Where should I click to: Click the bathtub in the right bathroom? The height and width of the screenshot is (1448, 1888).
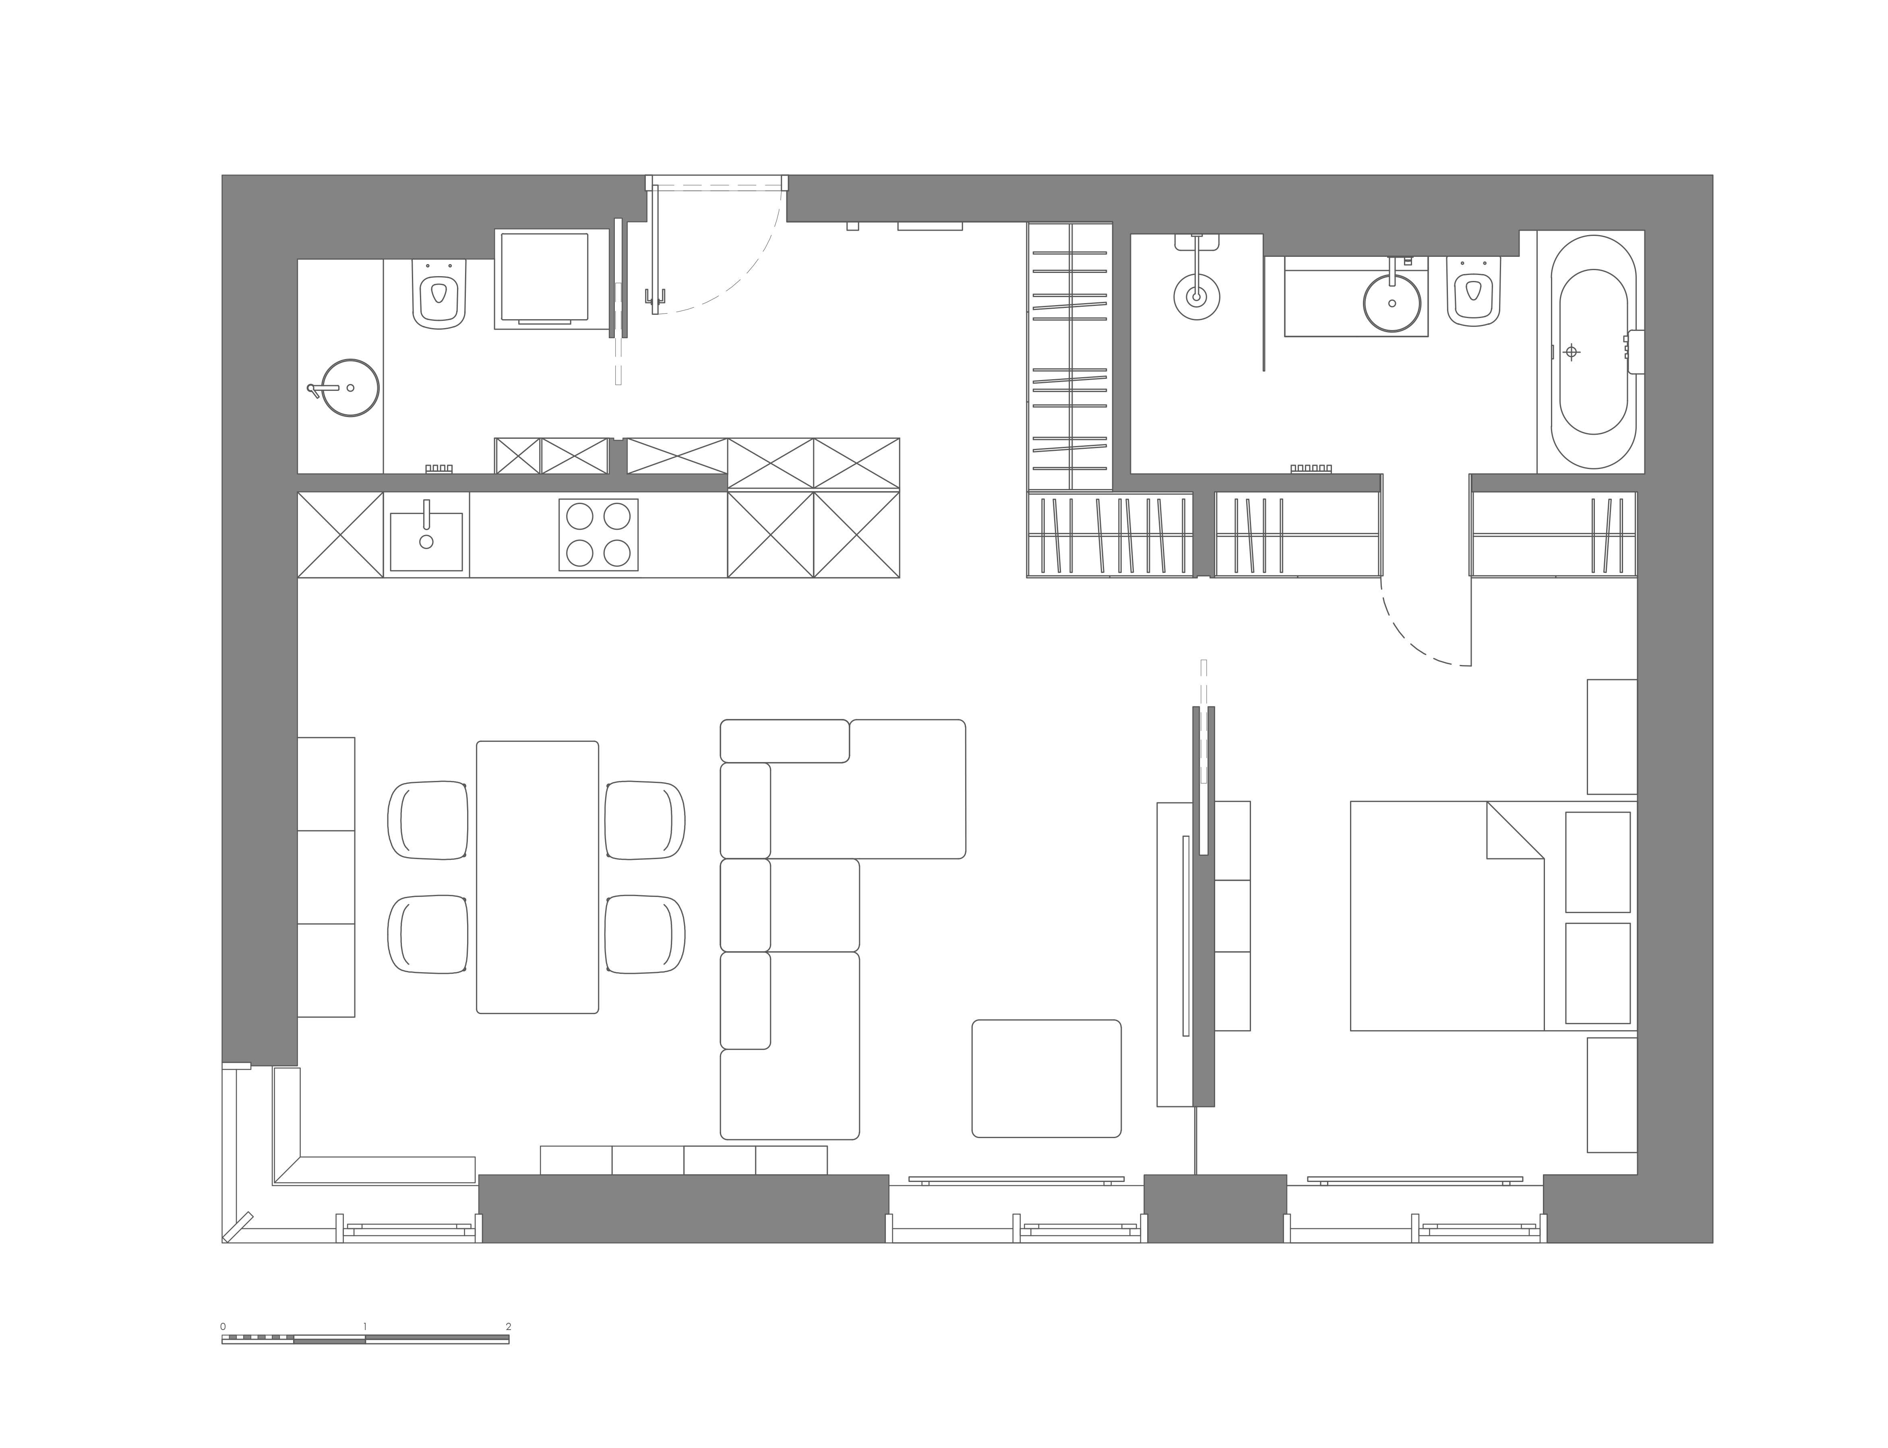pyautogui.click(x=1593, y=352)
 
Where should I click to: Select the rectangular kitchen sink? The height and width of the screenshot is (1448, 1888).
pyautogui.click(x=426, y=541)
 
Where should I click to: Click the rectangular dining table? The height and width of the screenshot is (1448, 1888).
pyautogui.click(x=537, y=876)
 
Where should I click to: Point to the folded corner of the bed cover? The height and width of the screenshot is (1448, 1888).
pyautogui.click(x=1515, y=830)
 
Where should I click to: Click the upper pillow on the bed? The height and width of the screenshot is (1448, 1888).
pyautogui.click(x=1597, y=862)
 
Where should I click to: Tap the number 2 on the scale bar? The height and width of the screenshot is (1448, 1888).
pyautogui.click(x=509, y=1326)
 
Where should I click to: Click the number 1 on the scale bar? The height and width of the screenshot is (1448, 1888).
pyautogui.click(x=366, y=1326)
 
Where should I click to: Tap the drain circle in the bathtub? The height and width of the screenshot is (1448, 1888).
pyautogui.click(x=1572, y=352)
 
